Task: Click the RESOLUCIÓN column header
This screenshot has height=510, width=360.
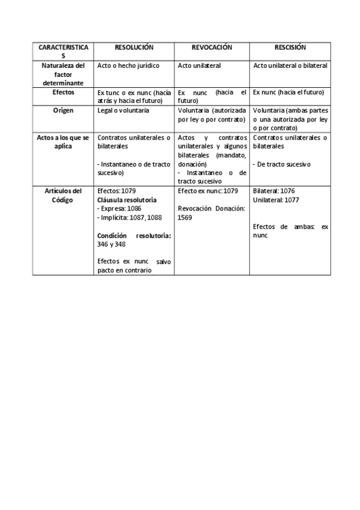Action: click(134, 47)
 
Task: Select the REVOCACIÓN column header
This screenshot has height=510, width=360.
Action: click(212, 47)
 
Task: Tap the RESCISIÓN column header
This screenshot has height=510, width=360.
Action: click(290, 47)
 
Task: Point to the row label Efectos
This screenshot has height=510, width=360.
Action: click(63, 93)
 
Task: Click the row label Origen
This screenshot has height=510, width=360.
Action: click(63, 111)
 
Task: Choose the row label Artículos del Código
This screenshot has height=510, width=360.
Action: click(63, 195)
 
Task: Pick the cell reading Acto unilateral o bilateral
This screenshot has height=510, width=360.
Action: click(290, 66)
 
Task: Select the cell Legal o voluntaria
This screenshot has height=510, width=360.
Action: click(123, 111)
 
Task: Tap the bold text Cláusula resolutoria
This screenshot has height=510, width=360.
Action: click(127, 199)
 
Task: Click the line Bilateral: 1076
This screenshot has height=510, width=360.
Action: click(274, 191)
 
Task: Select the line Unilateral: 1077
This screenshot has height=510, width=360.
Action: click(276, 199)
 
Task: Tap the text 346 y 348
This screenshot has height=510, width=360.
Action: click(112, 244)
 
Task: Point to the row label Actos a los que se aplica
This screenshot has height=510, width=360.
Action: click(63, 142)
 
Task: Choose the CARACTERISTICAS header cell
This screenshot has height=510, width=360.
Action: click(63, 51)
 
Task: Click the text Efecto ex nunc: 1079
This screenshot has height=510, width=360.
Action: click(208, 191)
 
